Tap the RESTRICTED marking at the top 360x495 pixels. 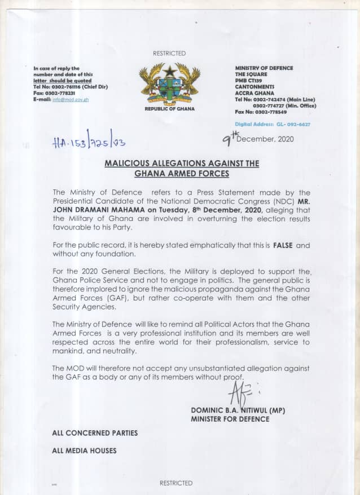click(169, 54)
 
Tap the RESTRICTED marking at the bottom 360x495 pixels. click(176, 483)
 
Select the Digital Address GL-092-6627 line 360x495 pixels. click(273, 124)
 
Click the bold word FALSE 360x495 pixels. click(283, 245)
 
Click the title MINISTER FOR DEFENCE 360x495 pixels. click(230, 419)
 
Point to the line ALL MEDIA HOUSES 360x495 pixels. click(84, 450)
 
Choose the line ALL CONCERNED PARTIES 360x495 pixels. click(94, 433)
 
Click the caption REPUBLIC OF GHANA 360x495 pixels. click(170, 109)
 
